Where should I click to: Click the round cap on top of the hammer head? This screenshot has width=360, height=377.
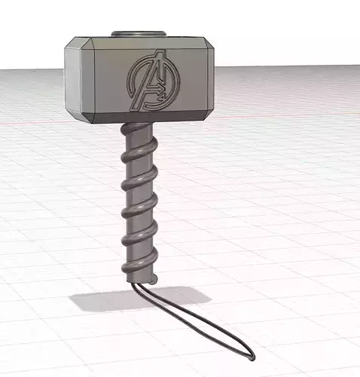click(x=138, y=34)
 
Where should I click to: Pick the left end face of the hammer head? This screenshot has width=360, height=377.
click(x=78, y=79)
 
